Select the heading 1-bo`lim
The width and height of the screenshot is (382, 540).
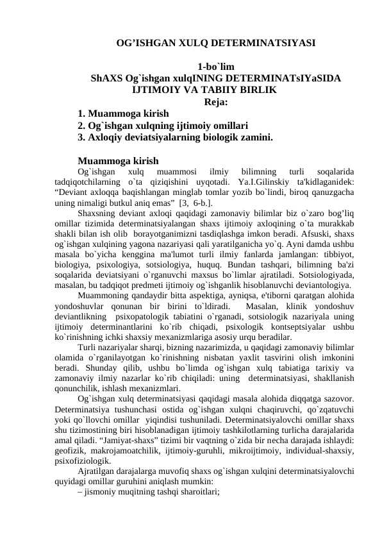point(215,67)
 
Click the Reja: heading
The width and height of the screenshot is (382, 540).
point(216,101)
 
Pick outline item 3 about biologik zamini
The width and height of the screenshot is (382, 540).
point(175,137)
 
